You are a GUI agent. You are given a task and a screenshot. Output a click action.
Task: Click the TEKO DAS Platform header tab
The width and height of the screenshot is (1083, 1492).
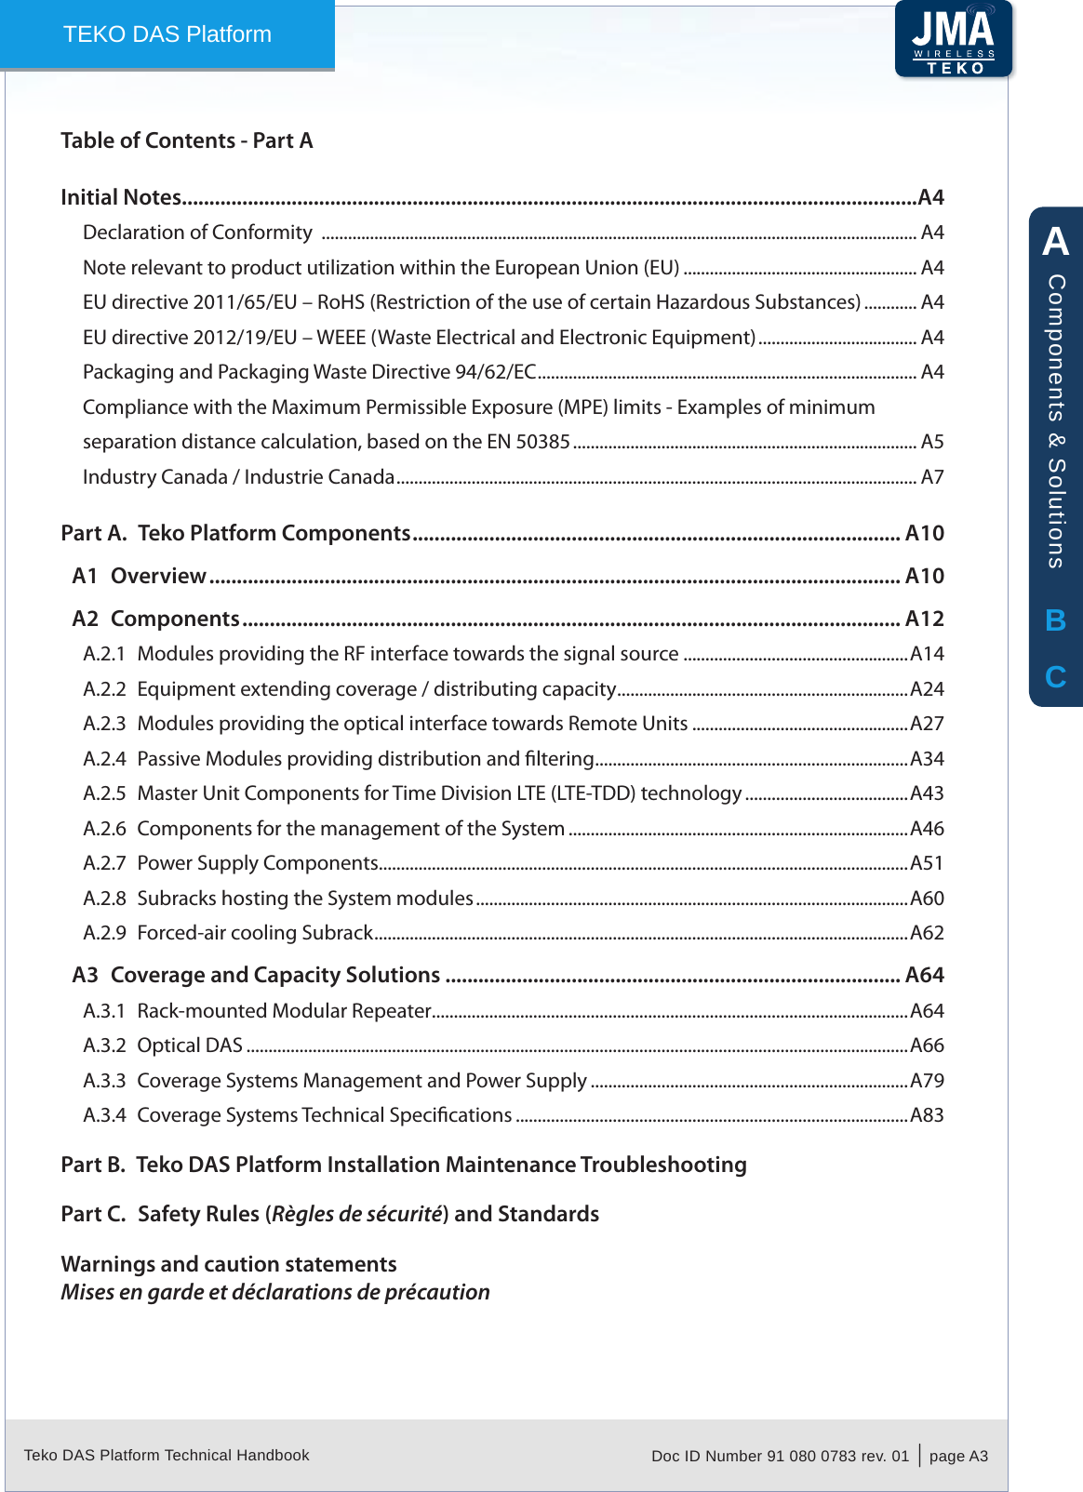(x=167, y=34)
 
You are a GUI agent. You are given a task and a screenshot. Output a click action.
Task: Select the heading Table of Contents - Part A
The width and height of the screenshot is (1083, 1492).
(x=187, y=140)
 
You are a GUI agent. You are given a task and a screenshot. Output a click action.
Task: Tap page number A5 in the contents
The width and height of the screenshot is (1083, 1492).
(x=932, y=442)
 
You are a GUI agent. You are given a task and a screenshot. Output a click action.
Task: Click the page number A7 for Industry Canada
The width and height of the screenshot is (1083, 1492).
(x=932, y=477)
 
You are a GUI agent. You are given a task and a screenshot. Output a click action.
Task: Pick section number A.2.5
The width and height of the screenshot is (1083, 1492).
(x=104, y=793)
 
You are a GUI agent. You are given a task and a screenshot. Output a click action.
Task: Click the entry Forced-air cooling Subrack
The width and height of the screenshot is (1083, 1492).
(x=254, y=933)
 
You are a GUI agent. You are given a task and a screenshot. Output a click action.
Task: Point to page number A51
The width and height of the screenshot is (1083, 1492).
(x=927, y=863)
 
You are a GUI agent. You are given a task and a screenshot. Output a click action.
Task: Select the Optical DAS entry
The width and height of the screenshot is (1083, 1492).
(x=189, y=1046)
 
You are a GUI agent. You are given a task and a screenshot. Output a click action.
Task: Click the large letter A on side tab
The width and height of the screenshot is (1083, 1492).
(x=1055, y=242)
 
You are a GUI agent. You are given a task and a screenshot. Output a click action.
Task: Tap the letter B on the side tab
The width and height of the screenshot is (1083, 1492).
(x=1055, y=620)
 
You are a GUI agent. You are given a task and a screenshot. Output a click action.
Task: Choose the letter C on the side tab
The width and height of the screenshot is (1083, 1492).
(x=1055, y=677)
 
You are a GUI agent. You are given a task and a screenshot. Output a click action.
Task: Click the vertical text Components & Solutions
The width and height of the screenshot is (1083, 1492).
(x=1056, y=420)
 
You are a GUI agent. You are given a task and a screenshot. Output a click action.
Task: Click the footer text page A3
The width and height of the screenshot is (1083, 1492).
(x=958, y=1456)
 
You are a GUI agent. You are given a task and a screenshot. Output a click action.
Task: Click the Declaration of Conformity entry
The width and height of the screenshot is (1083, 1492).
(x=197, y=233)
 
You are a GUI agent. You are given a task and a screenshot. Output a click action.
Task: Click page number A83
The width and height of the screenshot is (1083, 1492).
(x=927, y=1115)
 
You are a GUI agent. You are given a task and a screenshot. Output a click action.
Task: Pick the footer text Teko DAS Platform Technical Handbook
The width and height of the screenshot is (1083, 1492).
(x=167, y=1455)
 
